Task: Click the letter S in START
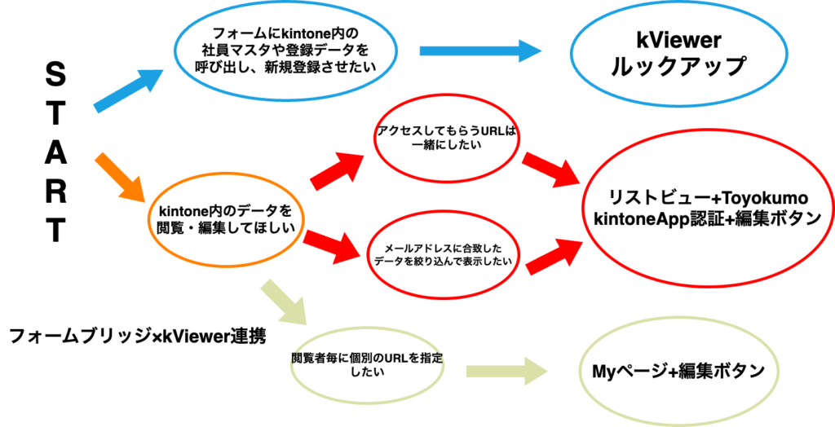[54, 78]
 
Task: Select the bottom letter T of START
[54, 231]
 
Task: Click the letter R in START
[54, 192]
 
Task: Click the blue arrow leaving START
[128, 90]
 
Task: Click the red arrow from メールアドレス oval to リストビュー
[554, 255]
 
